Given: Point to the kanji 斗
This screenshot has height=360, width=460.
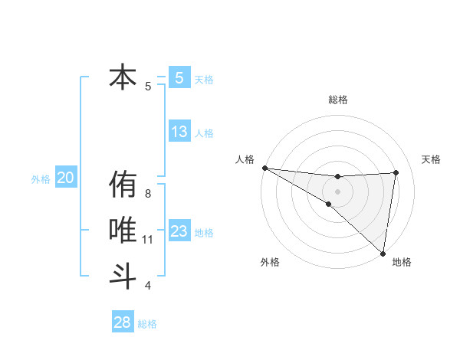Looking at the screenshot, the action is tap(123, 275).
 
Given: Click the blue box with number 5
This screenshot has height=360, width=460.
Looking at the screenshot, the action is tap(179, 77).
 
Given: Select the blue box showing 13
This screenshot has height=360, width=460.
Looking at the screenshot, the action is tap(179, 132).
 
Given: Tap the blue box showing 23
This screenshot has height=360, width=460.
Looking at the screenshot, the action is tap(179, 231).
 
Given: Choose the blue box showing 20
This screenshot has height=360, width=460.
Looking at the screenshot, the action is tap(65, 178).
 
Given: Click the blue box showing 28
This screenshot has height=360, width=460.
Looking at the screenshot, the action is tap(123, 322).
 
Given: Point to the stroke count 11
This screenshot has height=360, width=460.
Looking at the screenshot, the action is tap(148, 240).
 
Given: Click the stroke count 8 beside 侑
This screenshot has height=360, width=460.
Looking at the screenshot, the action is tap(148, 194).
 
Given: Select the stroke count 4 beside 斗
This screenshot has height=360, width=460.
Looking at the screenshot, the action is tap(148, 286).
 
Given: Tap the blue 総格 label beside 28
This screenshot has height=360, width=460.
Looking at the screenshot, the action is tap(147, 324).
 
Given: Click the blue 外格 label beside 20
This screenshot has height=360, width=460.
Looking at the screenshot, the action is tap(41, 179).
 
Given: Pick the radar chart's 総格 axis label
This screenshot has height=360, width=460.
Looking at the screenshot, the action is tap(338, 100).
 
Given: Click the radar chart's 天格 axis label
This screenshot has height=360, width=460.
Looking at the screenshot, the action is tap(431, 159).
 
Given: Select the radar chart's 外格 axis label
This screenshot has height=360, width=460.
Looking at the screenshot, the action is tap(270, 263).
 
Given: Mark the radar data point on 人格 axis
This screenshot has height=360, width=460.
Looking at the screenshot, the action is tap(264, 168).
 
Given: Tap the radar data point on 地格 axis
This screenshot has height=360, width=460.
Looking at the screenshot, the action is tap(382, 253).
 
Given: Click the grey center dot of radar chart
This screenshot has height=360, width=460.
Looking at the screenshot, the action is tap(337, 191).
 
